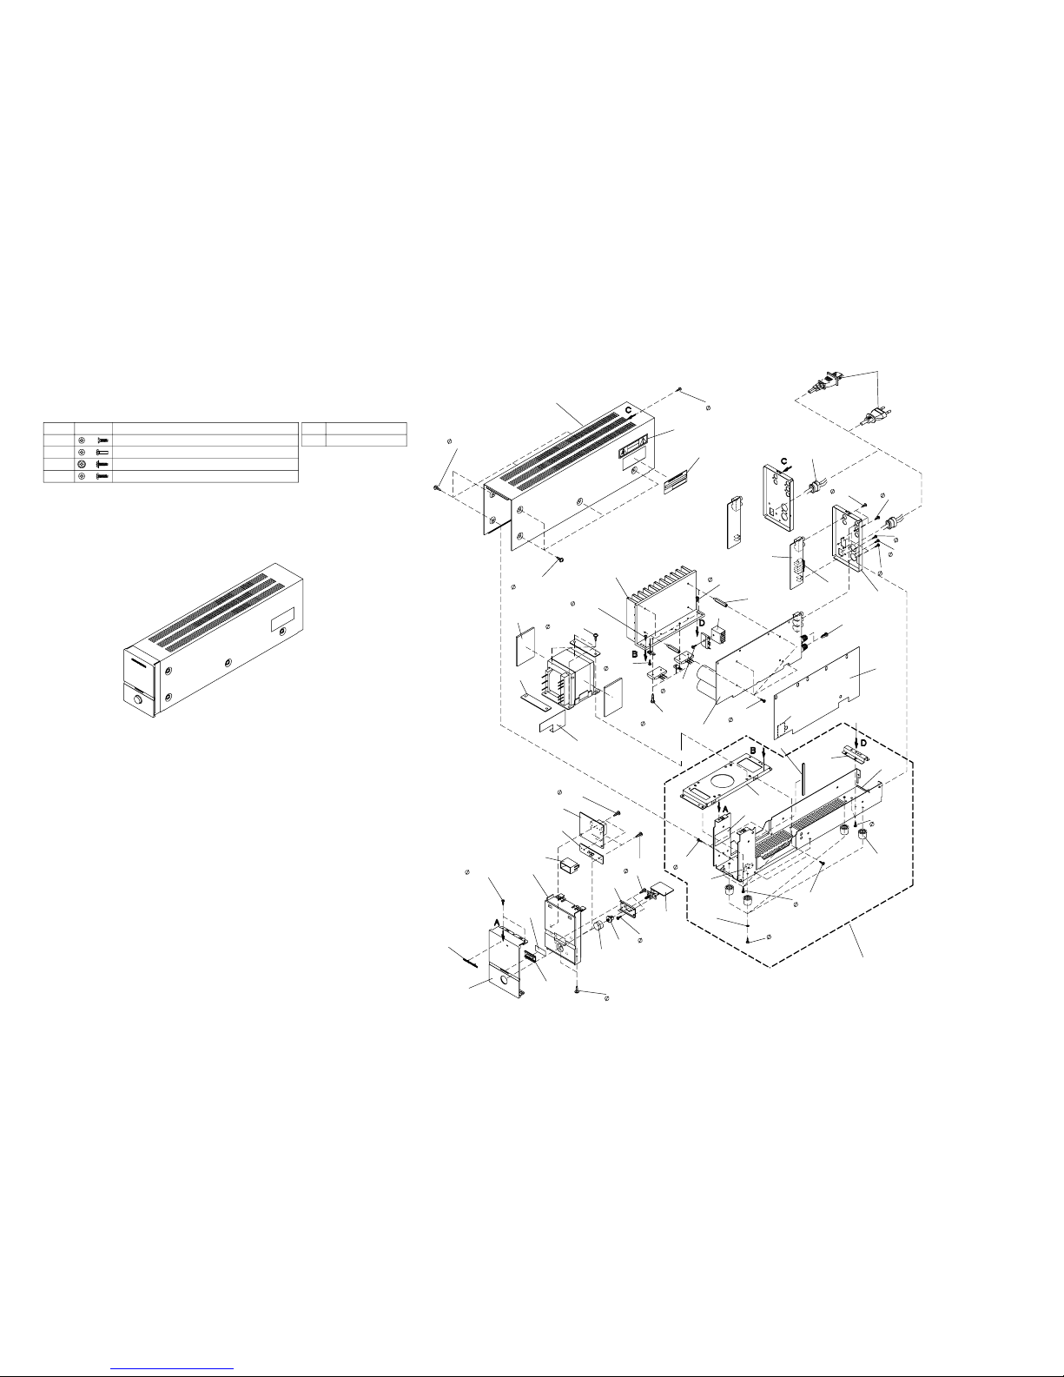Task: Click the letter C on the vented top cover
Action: click(x=628, y=410)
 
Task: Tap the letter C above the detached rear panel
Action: click(x=783, y=460)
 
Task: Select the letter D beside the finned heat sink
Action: click(x=702, y=623)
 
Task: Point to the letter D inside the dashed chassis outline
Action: click(x=863, y=743)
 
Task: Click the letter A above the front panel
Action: click(x=497, y=923)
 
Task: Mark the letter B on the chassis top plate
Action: click(x=754, y=751)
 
